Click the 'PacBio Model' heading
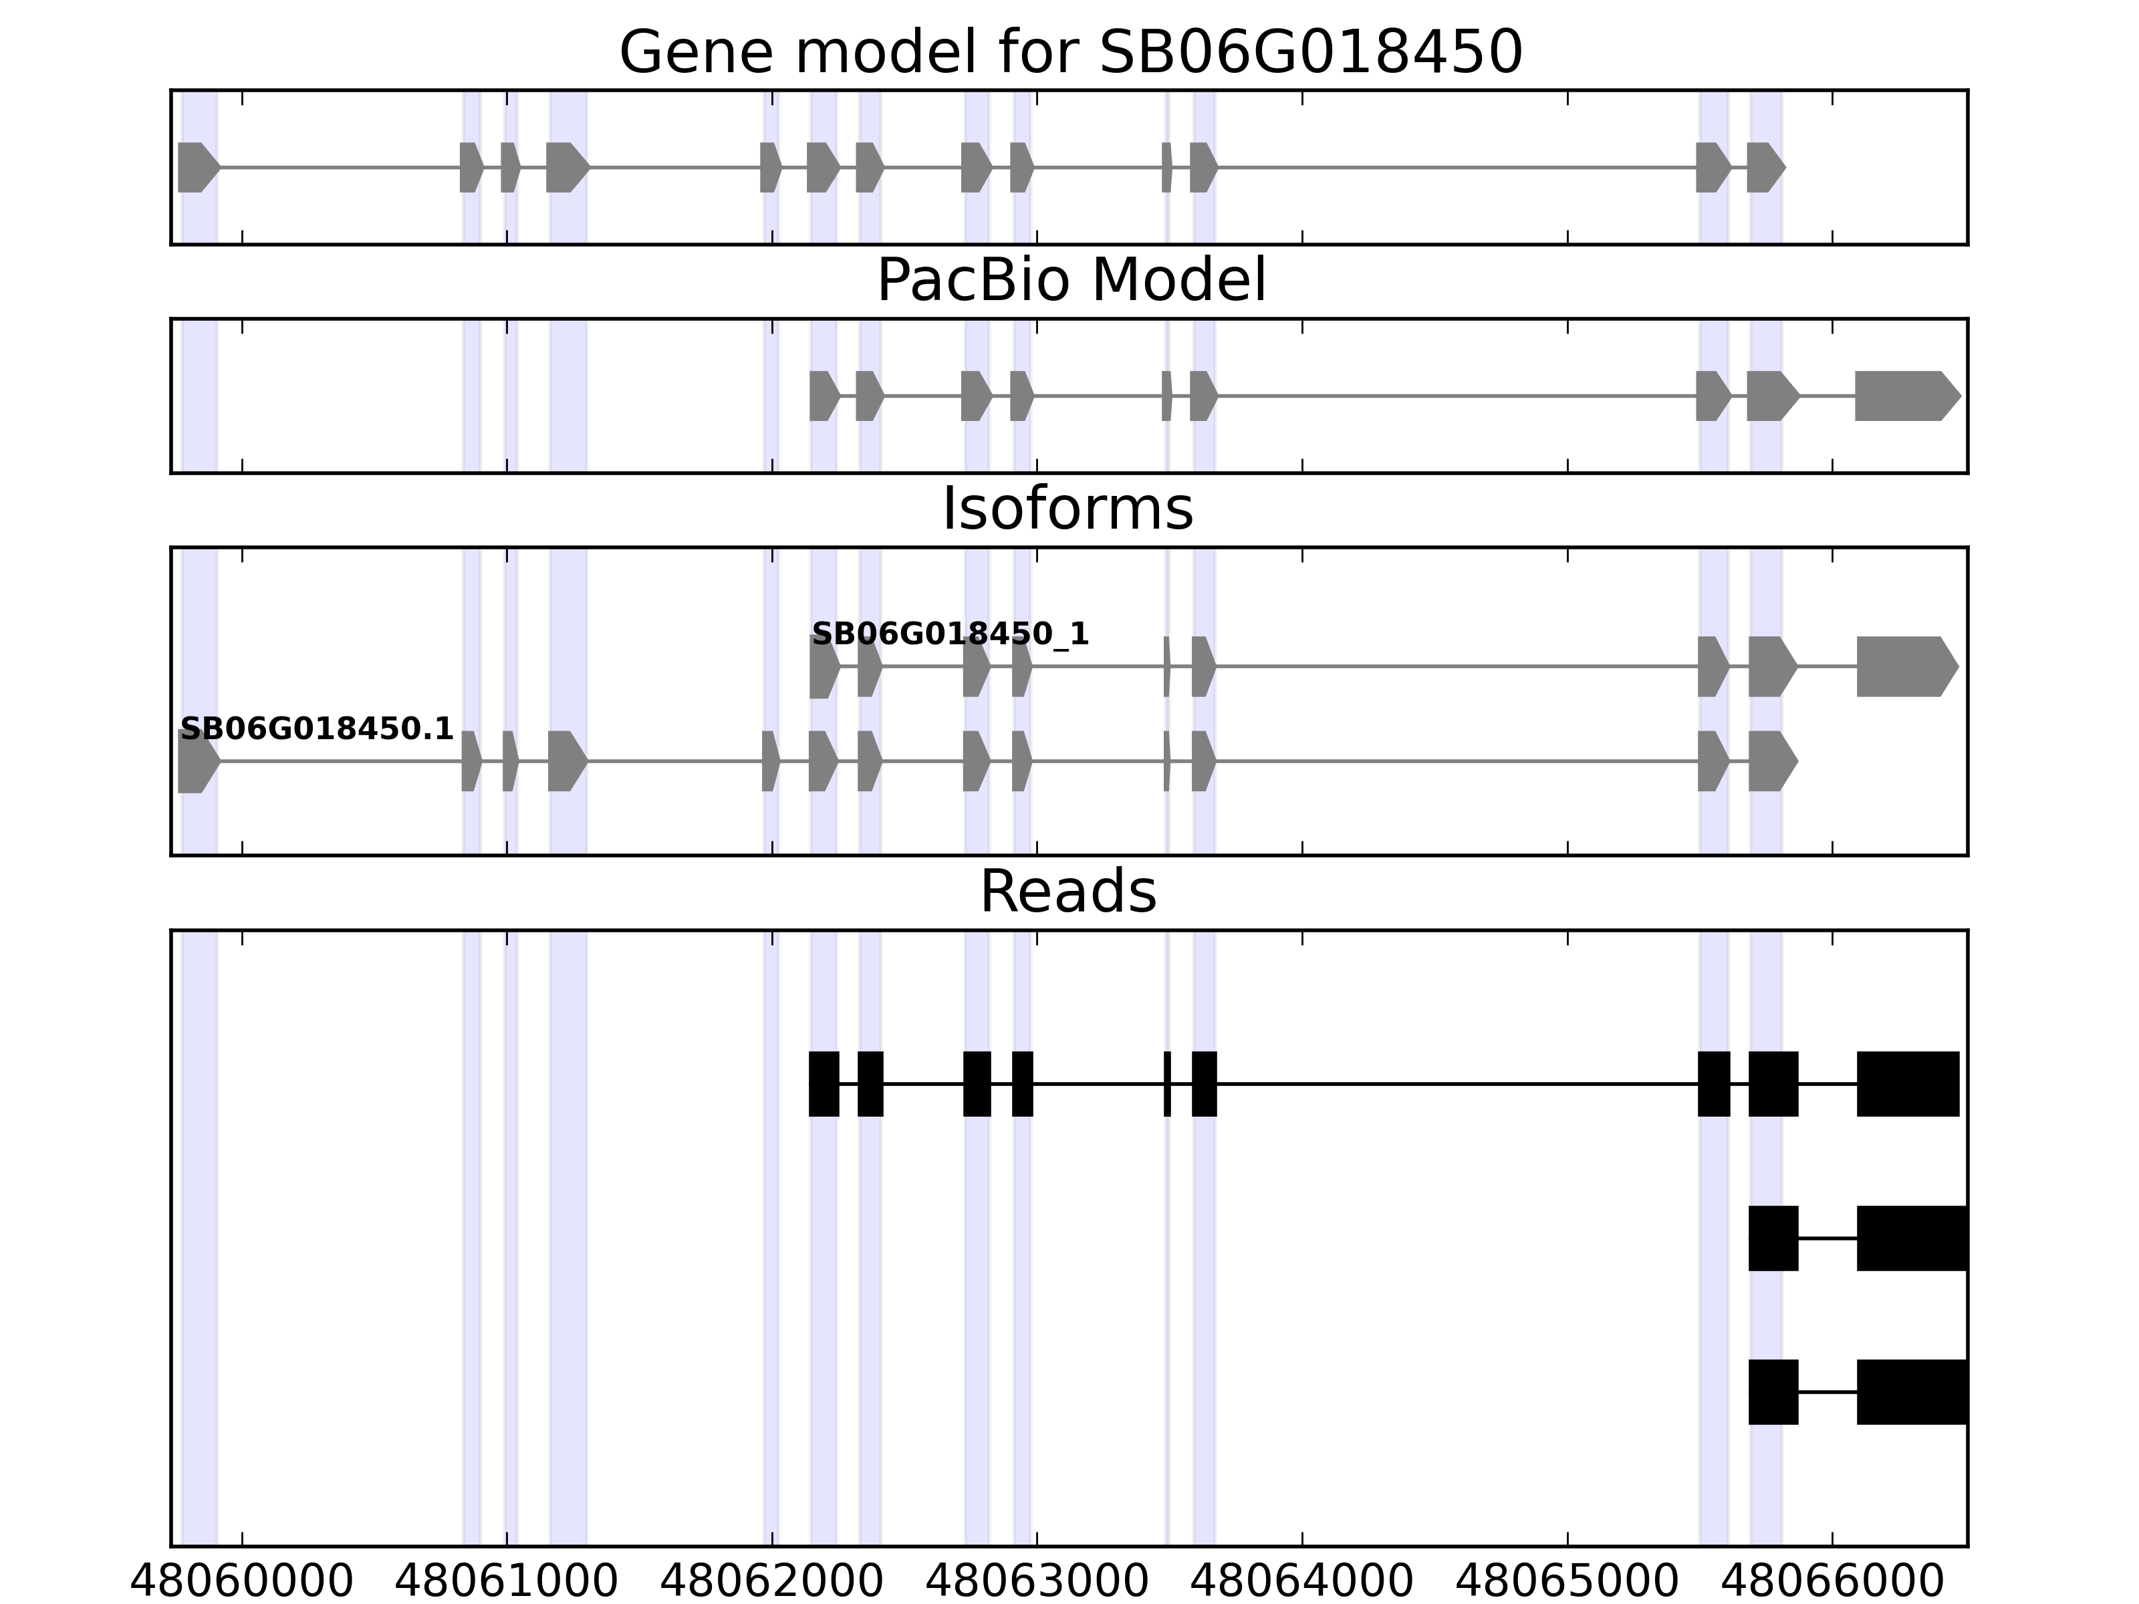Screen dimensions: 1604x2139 point(1070,281)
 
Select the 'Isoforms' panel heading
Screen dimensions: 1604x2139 point(1067,509)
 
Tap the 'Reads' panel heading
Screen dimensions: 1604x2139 point(1067,892)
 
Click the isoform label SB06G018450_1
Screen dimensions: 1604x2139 point(950,634)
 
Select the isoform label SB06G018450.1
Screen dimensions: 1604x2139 point(318,729)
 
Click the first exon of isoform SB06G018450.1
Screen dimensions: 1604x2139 point(197,761)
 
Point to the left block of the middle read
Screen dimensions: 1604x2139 point(1773,1238)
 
